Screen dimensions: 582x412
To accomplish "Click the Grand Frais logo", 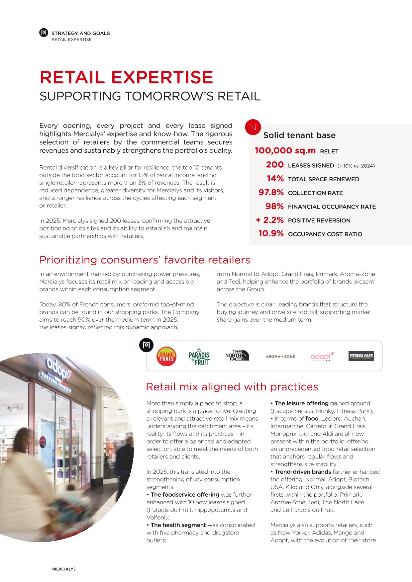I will (x=166, y=357).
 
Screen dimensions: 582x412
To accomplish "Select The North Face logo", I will (x=237, y=355).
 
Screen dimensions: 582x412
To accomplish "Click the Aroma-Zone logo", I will (x=280, y=357).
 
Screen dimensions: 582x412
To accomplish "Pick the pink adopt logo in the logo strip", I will (x=322, y=356).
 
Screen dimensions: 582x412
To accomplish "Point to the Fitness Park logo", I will (x=361, y=356).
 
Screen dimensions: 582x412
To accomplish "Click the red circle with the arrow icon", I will (x=253, y=127).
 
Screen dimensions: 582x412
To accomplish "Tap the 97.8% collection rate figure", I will (x=271, y=193).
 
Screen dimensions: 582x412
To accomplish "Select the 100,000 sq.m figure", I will (x=285, y=151).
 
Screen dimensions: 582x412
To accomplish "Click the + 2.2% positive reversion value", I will (x=269, y=220).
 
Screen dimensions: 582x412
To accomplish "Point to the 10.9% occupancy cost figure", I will (x=271, y=234).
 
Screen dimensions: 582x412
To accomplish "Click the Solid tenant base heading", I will (x=299, y=135).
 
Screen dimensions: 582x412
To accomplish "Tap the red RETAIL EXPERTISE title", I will (x=126, y=77).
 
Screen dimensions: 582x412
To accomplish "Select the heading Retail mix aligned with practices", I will (x=232, y=387).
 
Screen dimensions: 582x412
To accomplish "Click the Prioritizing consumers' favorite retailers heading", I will (x=145, y=260).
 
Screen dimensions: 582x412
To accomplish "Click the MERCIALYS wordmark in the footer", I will (x=64, y=569).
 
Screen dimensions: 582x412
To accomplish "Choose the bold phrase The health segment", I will (x=178, y=525).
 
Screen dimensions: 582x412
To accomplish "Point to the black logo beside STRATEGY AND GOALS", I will (x=44, y=33).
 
